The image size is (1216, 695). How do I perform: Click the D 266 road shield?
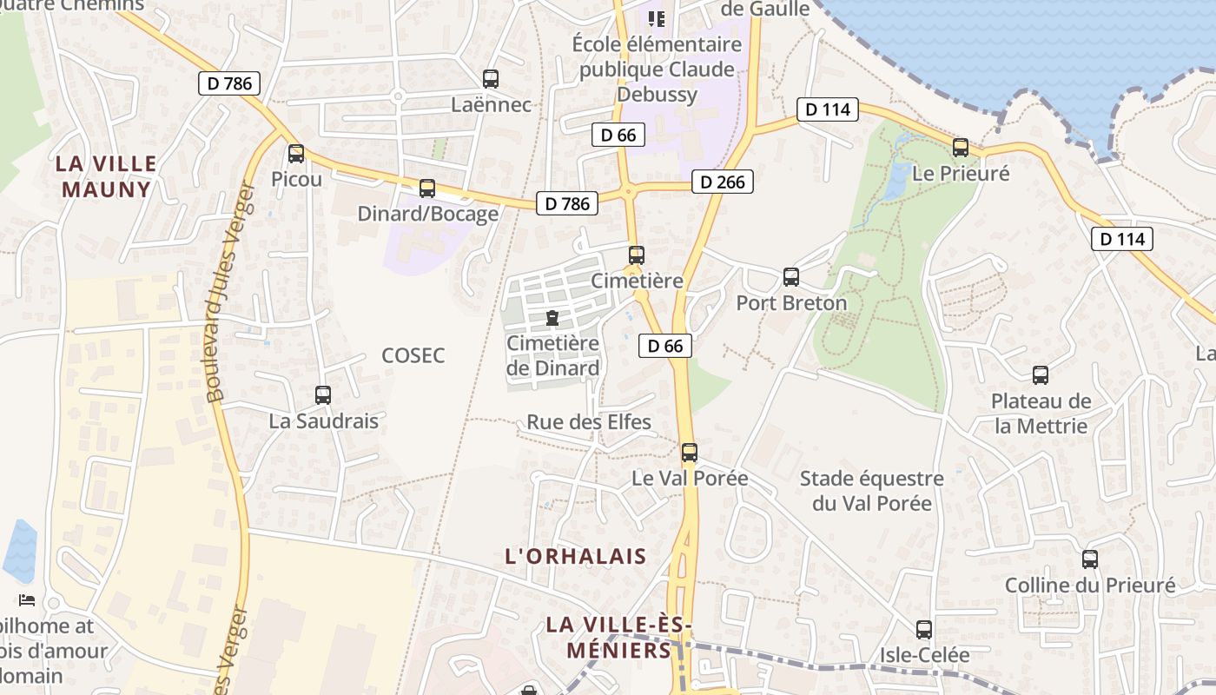click(722, 182)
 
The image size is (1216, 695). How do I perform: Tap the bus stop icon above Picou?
click(296, 154)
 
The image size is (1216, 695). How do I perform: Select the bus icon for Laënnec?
click(491, 79)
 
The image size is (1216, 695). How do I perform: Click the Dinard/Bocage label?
click(428, 214)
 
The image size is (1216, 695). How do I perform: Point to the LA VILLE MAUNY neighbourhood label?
click(106, 176)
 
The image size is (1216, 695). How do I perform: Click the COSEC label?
click(413, 355)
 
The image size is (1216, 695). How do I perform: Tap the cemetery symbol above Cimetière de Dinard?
click(552, 319)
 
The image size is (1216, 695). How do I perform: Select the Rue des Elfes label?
click(589, 423)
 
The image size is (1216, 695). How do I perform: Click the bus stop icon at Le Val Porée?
click(690, 452)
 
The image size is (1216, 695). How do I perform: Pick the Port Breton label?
click(791, 303)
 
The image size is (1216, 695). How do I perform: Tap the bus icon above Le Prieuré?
click(961, 148)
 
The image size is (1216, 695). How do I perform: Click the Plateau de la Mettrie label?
click(1041, 414)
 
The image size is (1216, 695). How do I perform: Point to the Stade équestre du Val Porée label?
click(871, 491)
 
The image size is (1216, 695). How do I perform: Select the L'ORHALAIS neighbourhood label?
click(576, 557)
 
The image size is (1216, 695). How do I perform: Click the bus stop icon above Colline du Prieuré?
click(1090, 559)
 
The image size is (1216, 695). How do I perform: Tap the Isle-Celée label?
click(925, 654)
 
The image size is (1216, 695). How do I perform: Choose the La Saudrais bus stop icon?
click(323, 395)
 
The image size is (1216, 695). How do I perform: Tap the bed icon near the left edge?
click(27, 599)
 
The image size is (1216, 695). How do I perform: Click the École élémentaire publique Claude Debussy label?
click(658, 69)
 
